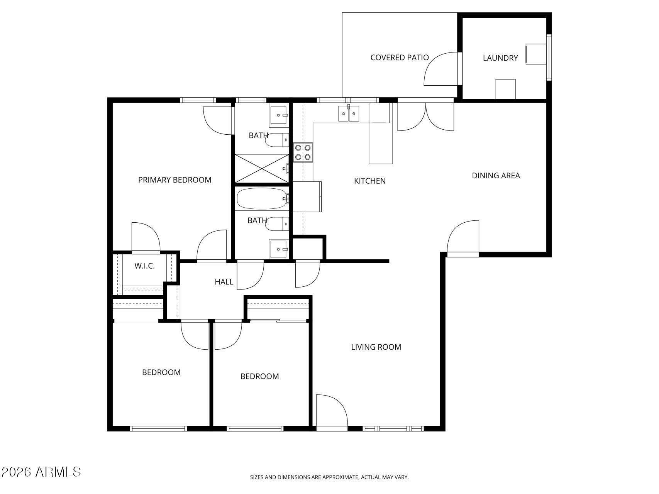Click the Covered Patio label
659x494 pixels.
click(x=399, y=58)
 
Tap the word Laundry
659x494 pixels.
click(x=500, y=58)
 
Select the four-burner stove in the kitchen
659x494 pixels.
click(x=303, y=152)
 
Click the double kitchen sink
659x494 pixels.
click(x=349, y=114)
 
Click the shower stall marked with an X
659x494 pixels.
click(x=262, y=168)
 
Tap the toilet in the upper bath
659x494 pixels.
click(x=277, y=140)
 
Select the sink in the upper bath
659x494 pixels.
click(x=279, y=115)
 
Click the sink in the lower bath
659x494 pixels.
click(x=278, y=249)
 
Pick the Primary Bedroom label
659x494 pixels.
click(x=174, y=180)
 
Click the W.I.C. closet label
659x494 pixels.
click(x=144, y=266)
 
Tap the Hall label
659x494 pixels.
click(x=224, y=282)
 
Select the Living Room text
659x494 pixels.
click(x=376, y=347)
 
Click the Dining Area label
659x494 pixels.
click(x=496, y=176)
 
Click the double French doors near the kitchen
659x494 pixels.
click(x=425, y=116)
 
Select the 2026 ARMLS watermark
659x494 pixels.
click(x=41, y=472)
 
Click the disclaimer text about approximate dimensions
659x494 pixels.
click(x=329, y=477)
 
